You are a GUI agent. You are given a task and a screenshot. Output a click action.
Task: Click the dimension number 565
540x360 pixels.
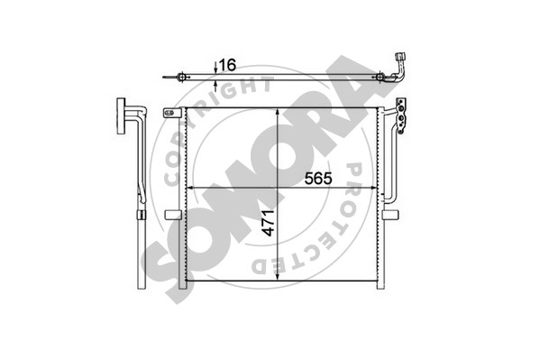pyautogui.click(x=318, y=179)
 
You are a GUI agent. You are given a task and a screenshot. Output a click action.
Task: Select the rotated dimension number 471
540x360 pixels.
pyautogui.click(x=269, y=223)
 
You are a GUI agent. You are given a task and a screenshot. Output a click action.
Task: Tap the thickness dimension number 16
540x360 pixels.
pyautogui.click(x=228, y=65)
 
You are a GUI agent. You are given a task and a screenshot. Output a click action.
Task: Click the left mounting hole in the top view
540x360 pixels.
pyautogui.click(x=181, y=78)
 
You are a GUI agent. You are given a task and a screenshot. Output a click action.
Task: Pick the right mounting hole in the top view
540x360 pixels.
pyautogui.click(x=380, y=78)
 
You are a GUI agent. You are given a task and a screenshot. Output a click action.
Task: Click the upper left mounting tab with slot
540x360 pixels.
pyautogui.click(x=172, y=113)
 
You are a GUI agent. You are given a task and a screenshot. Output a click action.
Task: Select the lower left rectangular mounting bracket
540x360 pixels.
pyautogui.click(x=173, y=215)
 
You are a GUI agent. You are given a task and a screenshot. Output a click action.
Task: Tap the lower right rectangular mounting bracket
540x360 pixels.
pyautogui.click(x=391, y=215)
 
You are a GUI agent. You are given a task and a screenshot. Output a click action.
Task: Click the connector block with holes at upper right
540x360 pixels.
pyautogui.click(x=401, y=115)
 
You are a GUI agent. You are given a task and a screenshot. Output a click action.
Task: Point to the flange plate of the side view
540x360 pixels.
pyautogui.click(x=121, y=115)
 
